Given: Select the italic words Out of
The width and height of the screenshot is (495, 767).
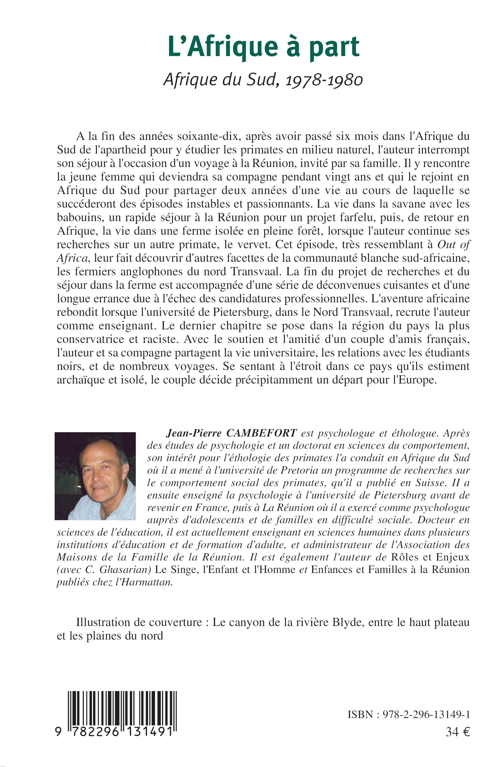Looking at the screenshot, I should pos(454,245).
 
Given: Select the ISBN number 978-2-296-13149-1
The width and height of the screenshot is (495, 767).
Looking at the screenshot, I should pos(424,714).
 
